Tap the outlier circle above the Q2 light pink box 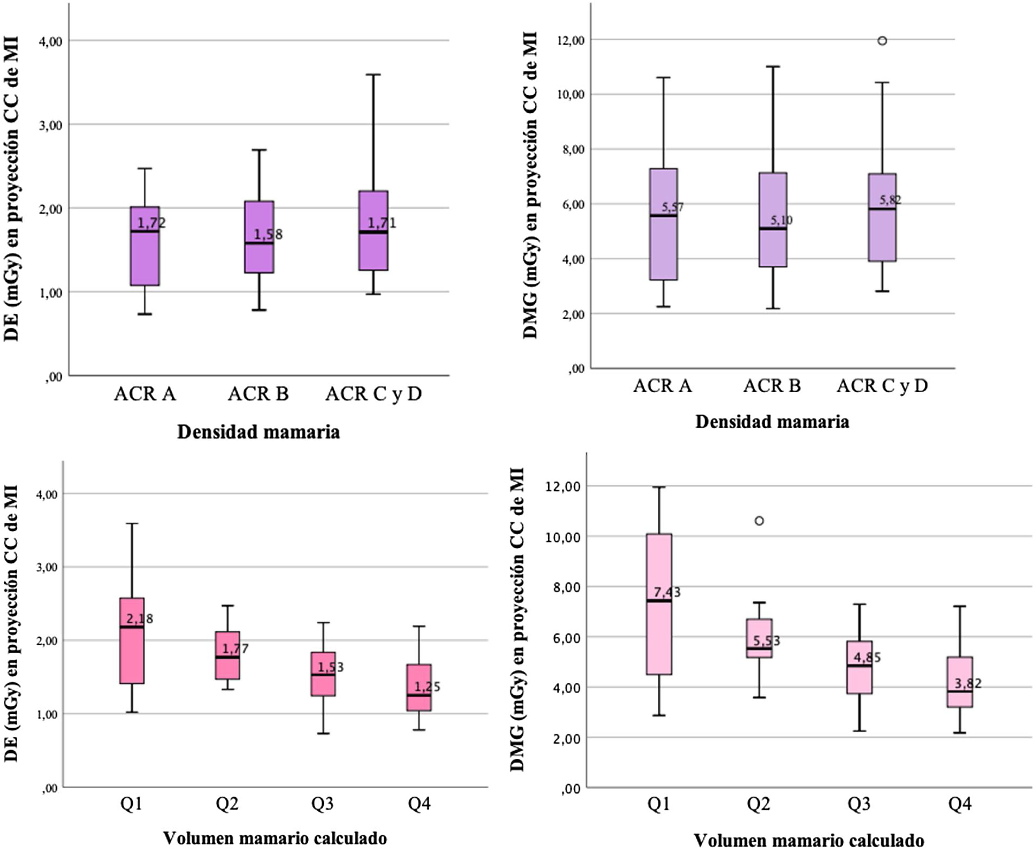[x=759, y=521]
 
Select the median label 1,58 [x=268, y=234]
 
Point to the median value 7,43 [x=667, y=592]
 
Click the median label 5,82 [x=891, y=200]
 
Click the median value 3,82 [x=968, y=683]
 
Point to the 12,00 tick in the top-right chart [x=572, y=41]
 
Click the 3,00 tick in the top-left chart [x=51, y=125]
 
